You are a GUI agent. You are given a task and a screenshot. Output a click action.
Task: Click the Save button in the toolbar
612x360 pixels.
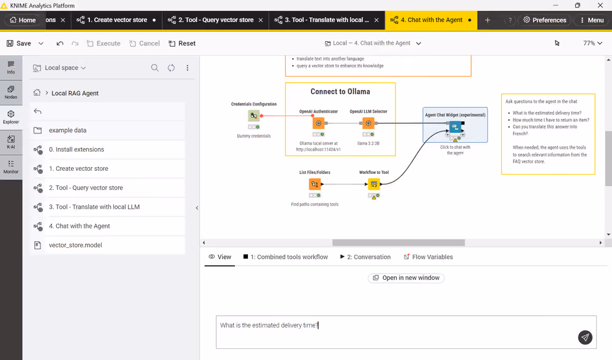tap(19, 43)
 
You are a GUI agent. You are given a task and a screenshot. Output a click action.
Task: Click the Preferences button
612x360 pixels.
tap(545, 20)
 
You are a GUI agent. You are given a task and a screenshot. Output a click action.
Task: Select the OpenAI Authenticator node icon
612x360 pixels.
tap(318, 124)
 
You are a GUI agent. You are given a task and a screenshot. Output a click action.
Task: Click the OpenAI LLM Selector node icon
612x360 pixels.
tap(368, 124)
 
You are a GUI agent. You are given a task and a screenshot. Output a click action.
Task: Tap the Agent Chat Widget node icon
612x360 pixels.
tap(455, 127)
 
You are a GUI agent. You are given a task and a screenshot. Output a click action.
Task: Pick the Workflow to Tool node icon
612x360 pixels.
tap(374, 184)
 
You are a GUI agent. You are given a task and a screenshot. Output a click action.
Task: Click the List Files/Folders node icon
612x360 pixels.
tap(315, 184)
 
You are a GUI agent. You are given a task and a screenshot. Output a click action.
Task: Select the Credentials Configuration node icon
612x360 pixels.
tap(254, 116)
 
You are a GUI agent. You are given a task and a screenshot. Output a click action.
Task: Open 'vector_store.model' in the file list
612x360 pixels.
tap(75, 246)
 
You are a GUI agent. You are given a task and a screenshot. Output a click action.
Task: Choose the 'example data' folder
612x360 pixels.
tap(67, 130)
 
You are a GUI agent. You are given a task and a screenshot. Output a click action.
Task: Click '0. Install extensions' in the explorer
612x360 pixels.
tap(76, 149)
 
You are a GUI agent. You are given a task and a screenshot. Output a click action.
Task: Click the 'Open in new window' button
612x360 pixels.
tap(406, 277)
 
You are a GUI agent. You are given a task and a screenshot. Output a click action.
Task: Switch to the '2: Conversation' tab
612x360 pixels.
tap(365, 257)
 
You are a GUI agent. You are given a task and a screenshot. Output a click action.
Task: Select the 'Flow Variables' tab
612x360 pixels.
tap(428, 257)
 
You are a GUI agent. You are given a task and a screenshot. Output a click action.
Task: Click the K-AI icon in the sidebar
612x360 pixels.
tap(11, 142)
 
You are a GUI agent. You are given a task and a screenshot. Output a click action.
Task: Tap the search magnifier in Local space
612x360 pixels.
tap(155, 68)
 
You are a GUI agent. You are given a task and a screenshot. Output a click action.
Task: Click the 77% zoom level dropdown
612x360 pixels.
tap(592, 43)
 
